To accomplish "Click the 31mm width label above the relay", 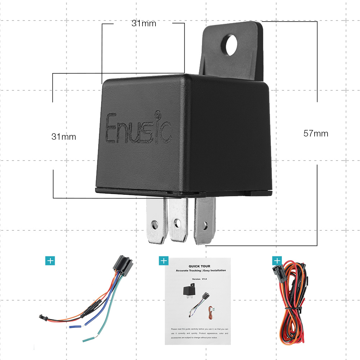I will pos(144,24).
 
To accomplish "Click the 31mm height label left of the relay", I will pos(64,137).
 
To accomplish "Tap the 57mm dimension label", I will pos(316,134).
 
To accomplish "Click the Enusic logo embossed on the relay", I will pos(138,129).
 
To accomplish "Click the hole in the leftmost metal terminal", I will pos(155,225).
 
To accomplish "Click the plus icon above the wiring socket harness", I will pos(50,261).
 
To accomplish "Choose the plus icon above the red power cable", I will pos(277,261).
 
